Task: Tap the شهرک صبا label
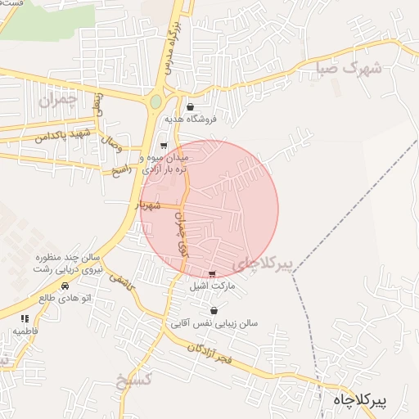point(349,69)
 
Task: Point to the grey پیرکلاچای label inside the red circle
point(262,264)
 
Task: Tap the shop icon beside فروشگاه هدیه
point(191,106)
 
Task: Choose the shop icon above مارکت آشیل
point(213,274)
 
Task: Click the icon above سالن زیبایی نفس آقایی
point(214,311)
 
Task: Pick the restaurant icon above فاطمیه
point(25,318)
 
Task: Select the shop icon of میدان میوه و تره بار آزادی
point(163,145)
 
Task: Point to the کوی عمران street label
point(181,237)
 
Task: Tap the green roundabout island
point(155,102)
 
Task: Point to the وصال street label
point(111,146)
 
